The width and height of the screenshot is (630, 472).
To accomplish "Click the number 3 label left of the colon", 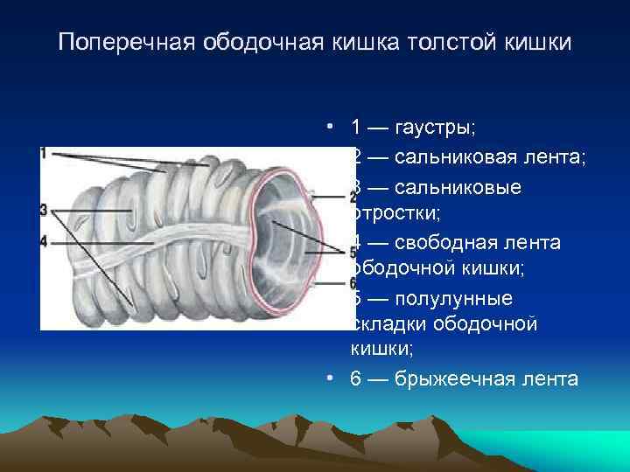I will [x=44, y=210].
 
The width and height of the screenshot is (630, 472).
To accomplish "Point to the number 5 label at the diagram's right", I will [x=353, y=253].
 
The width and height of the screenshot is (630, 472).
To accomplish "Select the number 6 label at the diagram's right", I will [x=353, y=283].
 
